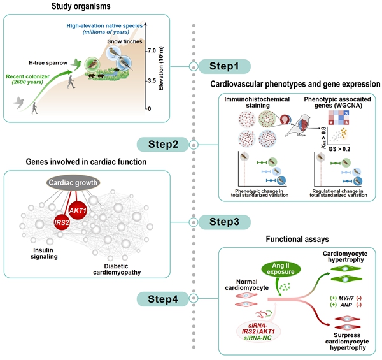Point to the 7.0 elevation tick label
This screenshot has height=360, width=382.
[x=152, y=50]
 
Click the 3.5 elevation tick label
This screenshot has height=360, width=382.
[x=152, y=82]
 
